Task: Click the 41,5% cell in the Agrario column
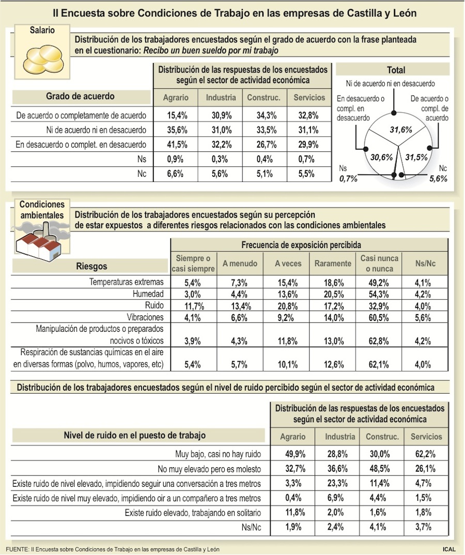(x=176, y=145)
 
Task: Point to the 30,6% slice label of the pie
(x=382, y=157)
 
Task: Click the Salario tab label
(x=42, y=30)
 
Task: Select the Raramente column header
(x=333, y=264)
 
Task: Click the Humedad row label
(x=149, y=294)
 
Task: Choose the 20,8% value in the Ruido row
(x=288, y=306)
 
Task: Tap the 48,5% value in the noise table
(x=382, y=469)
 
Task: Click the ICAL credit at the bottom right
(x=449, y=549)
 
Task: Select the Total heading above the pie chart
(x=396, y=70)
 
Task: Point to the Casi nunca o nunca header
(x=380, y=264)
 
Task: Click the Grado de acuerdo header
(x=80, y=96)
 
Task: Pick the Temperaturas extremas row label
(x=127, y=282)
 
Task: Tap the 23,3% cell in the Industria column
(x=340, y=484)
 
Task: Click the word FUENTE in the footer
(x=17, y=549)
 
